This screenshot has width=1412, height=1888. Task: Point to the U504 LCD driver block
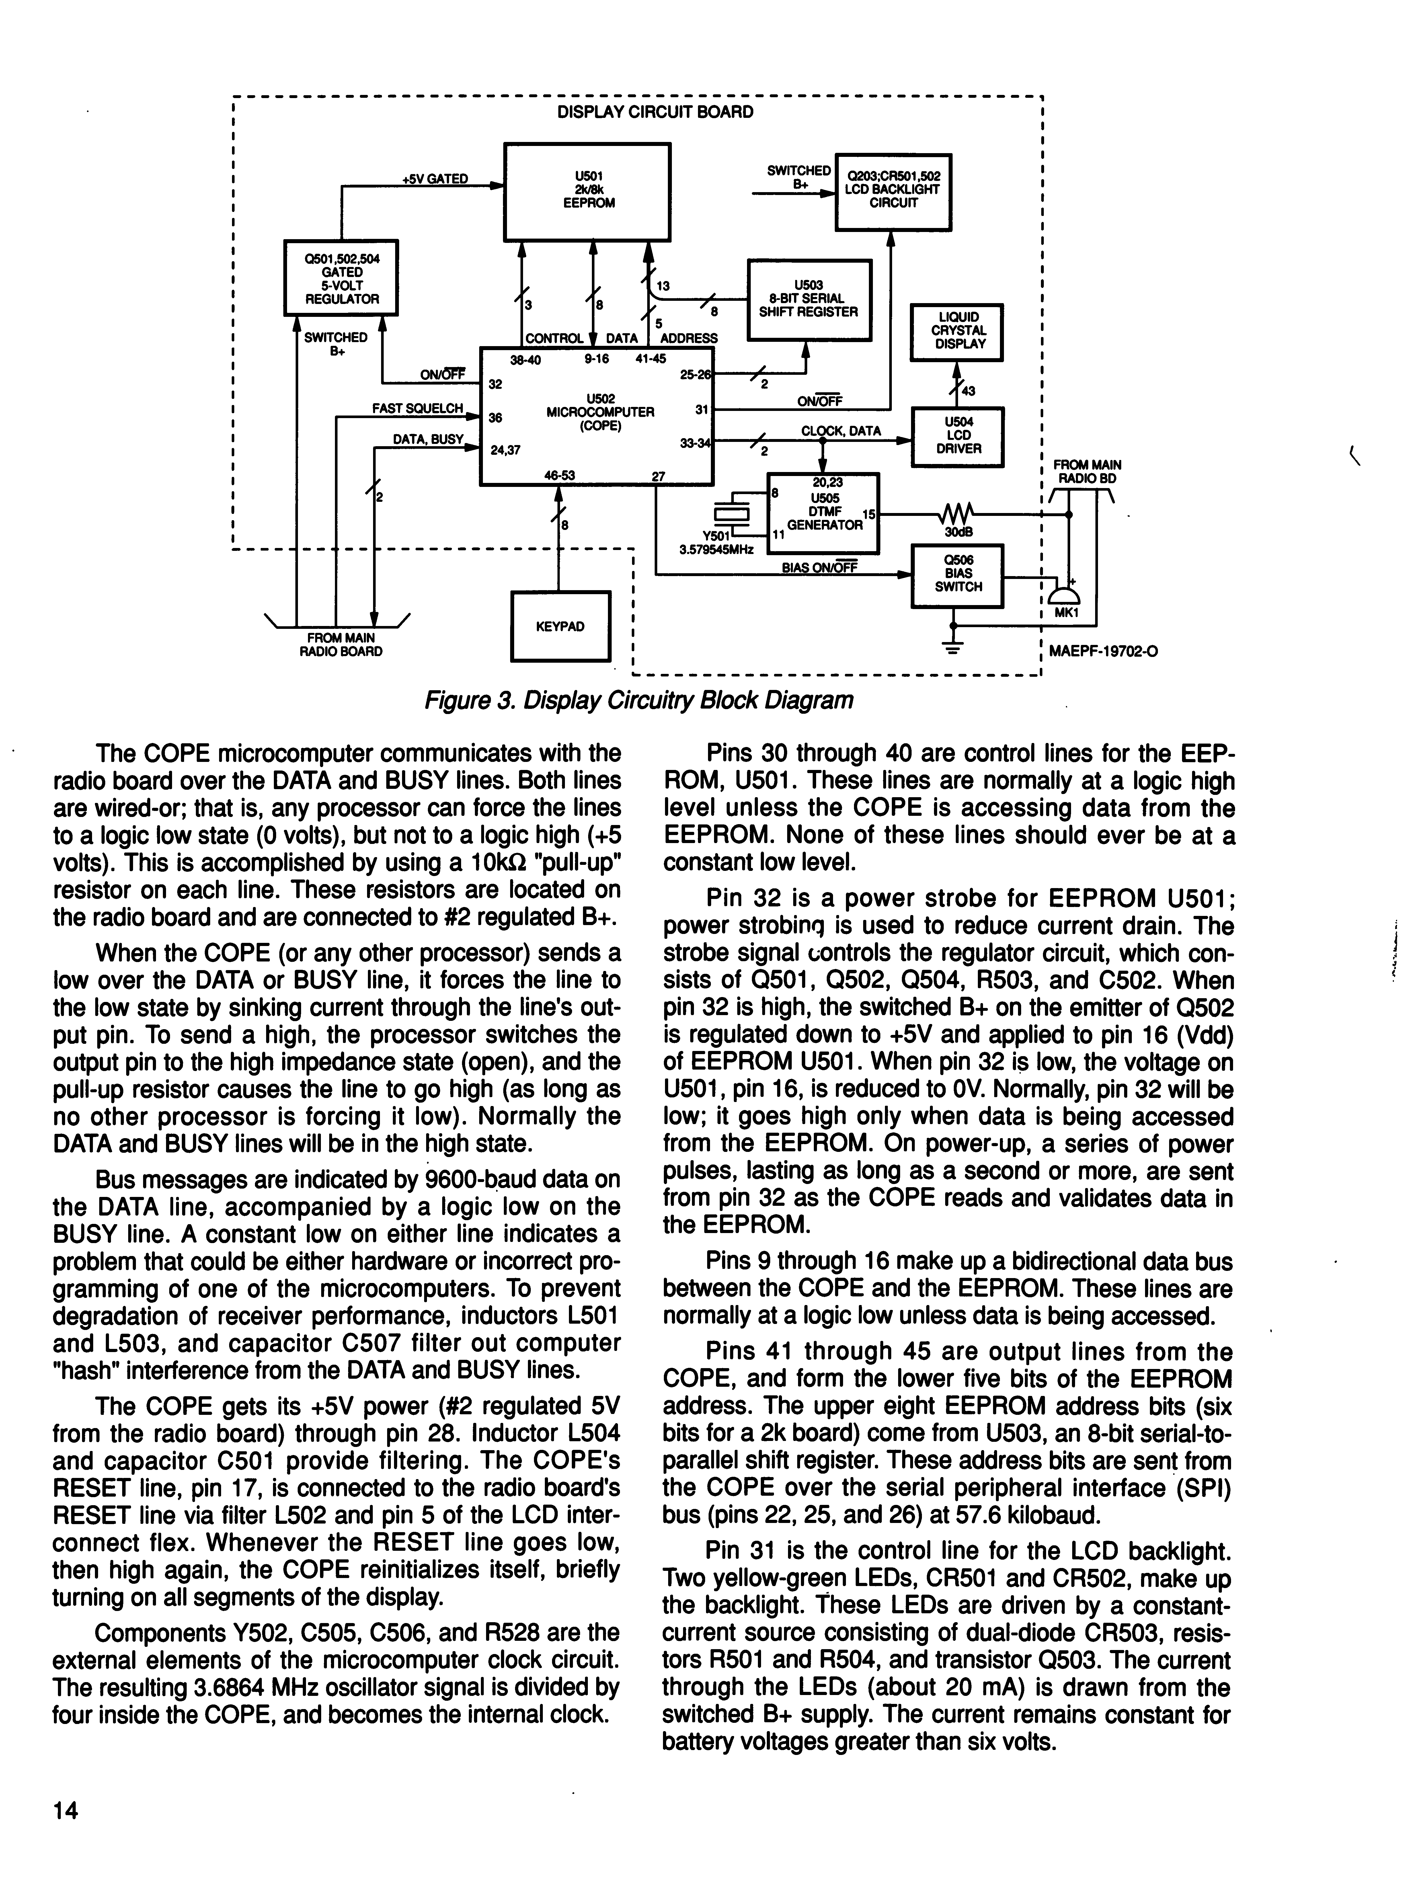point(957,436)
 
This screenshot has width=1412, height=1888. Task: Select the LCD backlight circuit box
point(892,190)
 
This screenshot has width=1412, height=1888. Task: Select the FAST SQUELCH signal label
point(417,409)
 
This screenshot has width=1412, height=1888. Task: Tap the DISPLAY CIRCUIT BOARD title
point(655,112)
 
